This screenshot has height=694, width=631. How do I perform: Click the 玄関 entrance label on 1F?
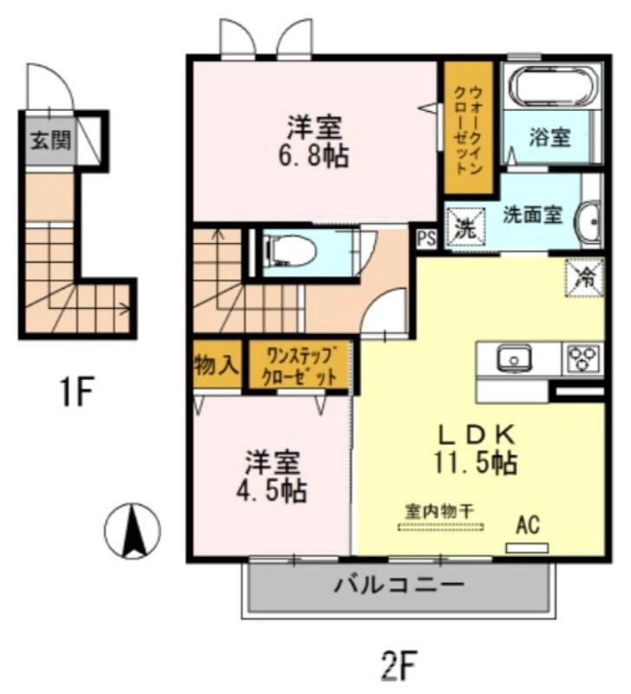click(50, 141)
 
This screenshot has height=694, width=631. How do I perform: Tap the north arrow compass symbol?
click(133, 531)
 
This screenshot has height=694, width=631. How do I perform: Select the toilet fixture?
click(290, 252)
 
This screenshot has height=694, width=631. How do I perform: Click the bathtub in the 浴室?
click(553, 86)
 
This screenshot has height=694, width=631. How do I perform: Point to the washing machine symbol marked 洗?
click(465, 226)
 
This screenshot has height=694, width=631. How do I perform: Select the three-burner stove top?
click(583, 359)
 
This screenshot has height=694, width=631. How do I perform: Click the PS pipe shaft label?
click(426, 239)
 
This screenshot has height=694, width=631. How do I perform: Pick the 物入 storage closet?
click(217, 364)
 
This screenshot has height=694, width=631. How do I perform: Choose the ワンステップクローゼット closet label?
click(299, 365)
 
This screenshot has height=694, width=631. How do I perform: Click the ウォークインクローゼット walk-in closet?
click(469, 128)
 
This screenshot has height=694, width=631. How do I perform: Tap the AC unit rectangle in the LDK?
click(528, 548)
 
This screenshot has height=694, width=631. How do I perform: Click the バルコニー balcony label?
click(399, 585)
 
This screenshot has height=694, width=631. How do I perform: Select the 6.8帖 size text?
click(313, 155)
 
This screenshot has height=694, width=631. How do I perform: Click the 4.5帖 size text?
click(271, 490)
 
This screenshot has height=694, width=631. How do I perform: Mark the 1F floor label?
click(76, 391)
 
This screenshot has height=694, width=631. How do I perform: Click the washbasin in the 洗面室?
click(591, 223)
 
